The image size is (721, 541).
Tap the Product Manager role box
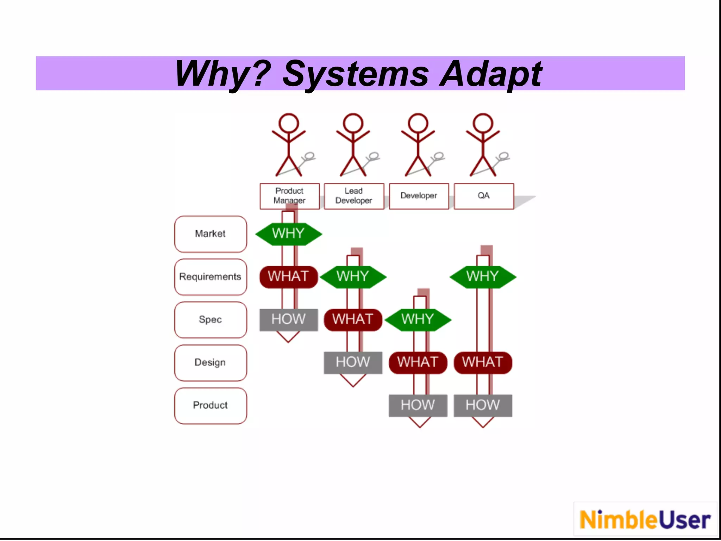tap(289, 196)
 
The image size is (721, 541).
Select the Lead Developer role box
tap(354, 196)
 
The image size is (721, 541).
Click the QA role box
tap(484, 196)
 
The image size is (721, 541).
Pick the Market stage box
tap(211, 234)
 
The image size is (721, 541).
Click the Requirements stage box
tap(211, 277)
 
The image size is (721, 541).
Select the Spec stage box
tap(211, 320)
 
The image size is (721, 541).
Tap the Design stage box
tap(211, 362)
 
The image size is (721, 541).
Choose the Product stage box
tap(211, 405)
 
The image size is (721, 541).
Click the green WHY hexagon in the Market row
tap(288, 234)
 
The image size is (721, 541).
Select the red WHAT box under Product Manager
tap(289, 277)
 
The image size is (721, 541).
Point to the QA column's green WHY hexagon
tap(483, 277)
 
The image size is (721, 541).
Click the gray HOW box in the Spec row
tap(289, 320)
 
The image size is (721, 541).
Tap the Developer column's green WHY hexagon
tap(418, 320)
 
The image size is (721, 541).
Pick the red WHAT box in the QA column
tap(483, 362)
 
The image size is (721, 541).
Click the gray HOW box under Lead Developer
tap(353, 362)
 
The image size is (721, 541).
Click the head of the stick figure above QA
tap(483, 123)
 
